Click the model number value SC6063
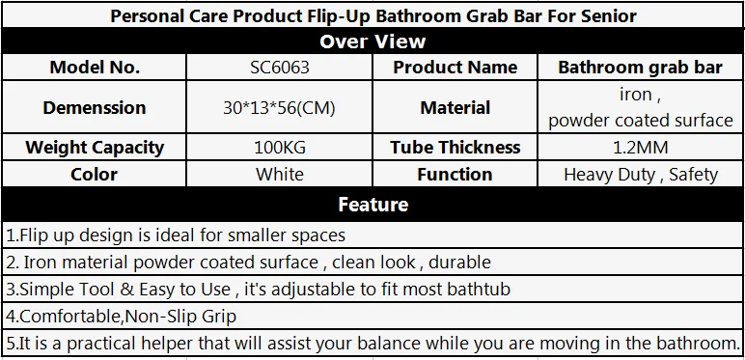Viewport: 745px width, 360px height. (x=280, y=67)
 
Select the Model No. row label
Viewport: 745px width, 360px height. (x=95, y=67)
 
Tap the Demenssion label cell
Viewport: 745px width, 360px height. (x=95, y=108)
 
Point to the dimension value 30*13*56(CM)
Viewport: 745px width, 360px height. (x=280, y=108)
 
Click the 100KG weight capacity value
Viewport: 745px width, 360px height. (x=280, y=148)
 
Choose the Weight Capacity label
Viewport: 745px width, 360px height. (x=95, y=148)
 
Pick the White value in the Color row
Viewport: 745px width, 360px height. (x=280, y=175)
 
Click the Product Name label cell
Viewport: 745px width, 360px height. (x=455, y=67)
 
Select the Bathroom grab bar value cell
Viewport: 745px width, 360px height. (x=641, y=68)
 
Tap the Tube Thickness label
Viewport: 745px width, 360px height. (x=455, y=148)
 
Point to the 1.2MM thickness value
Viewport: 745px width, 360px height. (x=641, y=148)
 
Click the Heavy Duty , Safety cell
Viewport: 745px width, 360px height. (x=641, y=175)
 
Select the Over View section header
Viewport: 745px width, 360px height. (x=372, y=42)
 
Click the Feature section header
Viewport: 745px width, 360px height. (x=372, y=205)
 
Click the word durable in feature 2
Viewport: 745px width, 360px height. (x=459, y=263)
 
